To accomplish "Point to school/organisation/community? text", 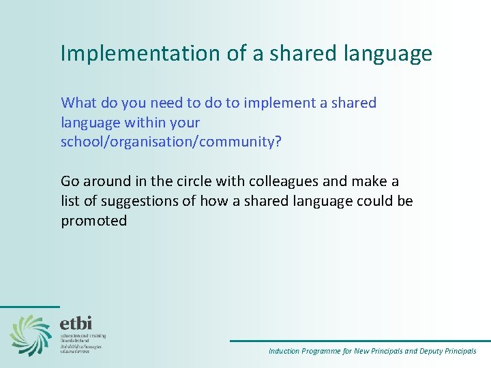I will [x=170, y=142].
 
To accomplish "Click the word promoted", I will [x=93, y=221].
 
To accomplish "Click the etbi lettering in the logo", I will [x=76, y=323].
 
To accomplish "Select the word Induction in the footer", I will [x=284, y=352].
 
